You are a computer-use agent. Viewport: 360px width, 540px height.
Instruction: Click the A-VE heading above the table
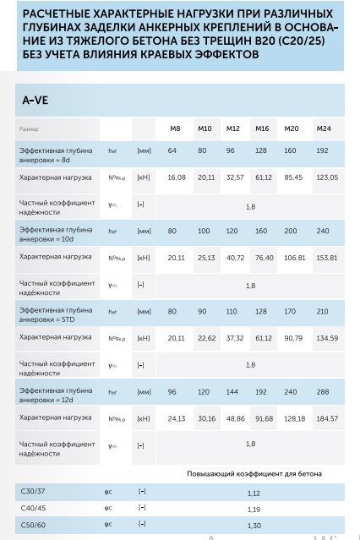coord(35,100)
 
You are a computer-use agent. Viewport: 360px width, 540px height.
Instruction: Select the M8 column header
coord(175,128)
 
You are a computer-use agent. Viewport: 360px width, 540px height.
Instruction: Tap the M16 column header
coord(262,128)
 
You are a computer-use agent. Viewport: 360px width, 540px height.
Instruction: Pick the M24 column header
coord(324,128)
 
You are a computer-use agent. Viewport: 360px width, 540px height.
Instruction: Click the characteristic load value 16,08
coord(176,177)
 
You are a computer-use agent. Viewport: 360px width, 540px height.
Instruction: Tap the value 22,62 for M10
coord(205,338)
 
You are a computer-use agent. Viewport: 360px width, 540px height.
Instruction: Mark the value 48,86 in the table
coord(234,417)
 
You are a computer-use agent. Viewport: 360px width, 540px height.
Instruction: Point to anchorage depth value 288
coord(323,392)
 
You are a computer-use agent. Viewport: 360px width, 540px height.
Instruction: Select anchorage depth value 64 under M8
coord(172,150)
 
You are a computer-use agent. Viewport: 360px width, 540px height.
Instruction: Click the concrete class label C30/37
coord(35,492)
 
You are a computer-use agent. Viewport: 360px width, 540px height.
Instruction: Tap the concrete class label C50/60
coord(35,525)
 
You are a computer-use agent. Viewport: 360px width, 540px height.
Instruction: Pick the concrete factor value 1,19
coord(254,510)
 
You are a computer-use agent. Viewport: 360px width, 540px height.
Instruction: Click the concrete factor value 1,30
coord(254,526)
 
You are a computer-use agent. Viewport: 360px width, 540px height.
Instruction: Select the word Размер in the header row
coord(29,128)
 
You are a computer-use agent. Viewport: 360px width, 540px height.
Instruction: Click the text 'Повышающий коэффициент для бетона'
coord(254,474)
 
